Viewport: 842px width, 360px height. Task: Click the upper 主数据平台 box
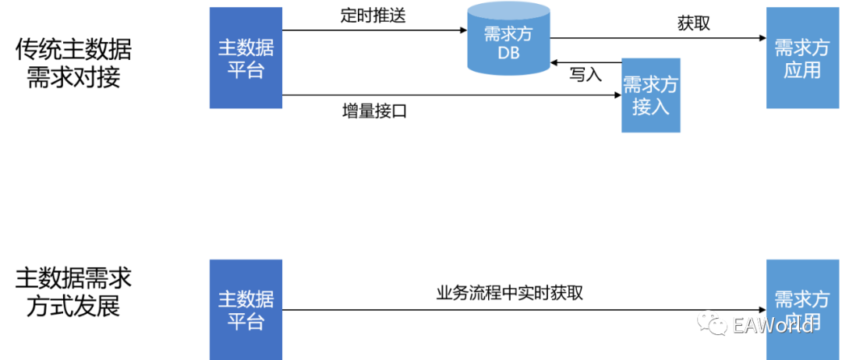click(x=246, y=58)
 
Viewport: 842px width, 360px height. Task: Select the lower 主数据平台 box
click(x=246, y=309)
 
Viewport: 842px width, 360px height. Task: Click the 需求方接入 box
click(x=651, y=95)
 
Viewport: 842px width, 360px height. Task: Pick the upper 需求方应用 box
click(x=801, y=58)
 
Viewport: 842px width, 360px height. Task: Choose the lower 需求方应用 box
click(x=801, y=309)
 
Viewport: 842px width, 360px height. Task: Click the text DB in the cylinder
click(x=508, y=54)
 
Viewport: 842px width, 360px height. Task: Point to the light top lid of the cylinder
click(x=508, y=10)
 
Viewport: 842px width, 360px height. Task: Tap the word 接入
click(x=651, y=107)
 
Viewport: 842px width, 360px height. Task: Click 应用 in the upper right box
click(x=801, y=69)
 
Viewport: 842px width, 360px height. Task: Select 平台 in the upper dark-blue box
click(x=246, y=69)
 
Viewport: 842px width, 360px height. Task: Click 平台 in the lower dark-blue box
click(x=246, y=321)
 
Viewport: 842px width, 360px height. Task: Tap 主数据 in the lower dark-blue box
click(x=246, y=298)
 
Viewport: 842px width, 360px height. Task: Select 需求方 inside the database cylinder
click(x=508, y=35)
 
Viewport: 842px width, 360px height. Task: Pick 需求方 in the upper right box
click(x=801, y=48)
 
